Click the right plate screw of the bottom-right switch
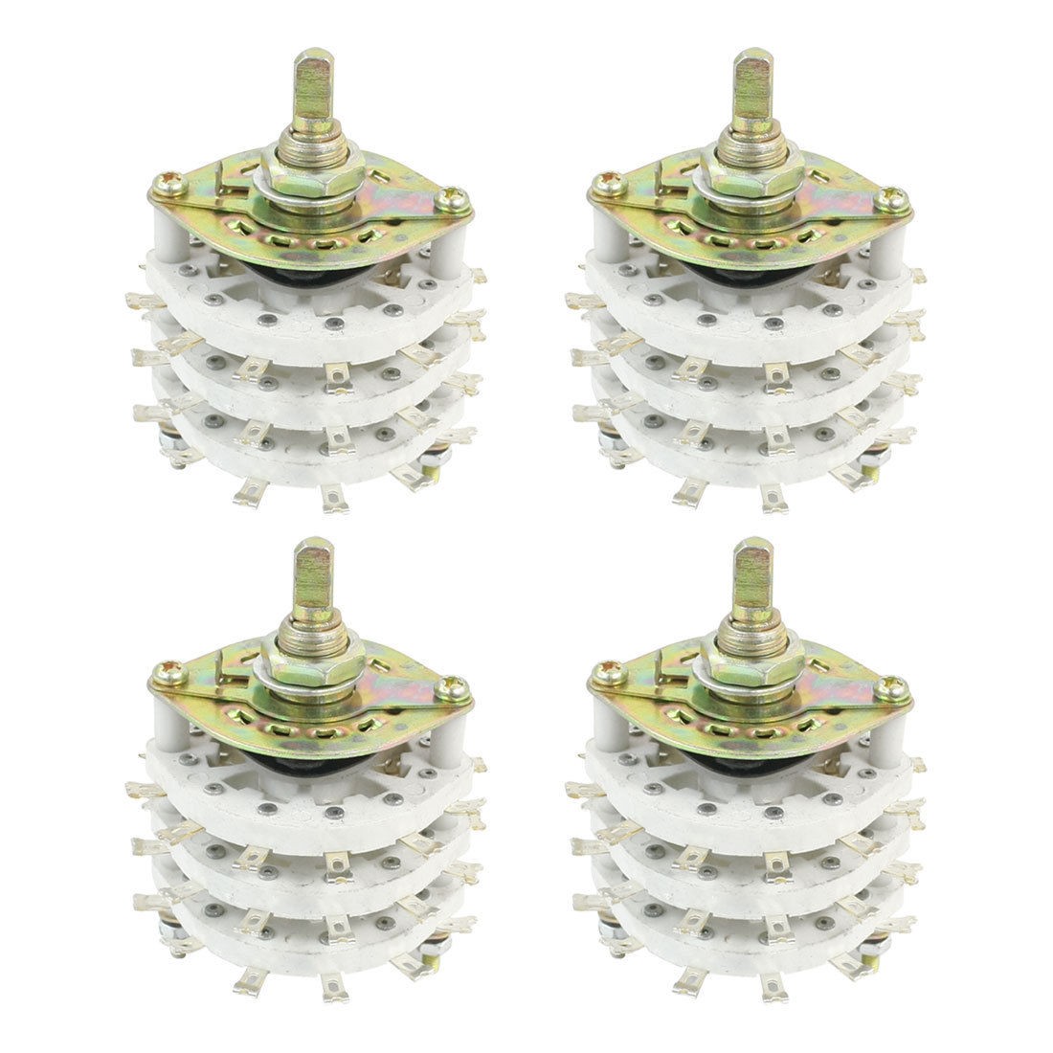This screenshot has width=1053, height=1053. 893,687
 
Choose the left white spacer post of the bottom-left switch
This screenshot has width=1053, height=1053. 168,718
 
